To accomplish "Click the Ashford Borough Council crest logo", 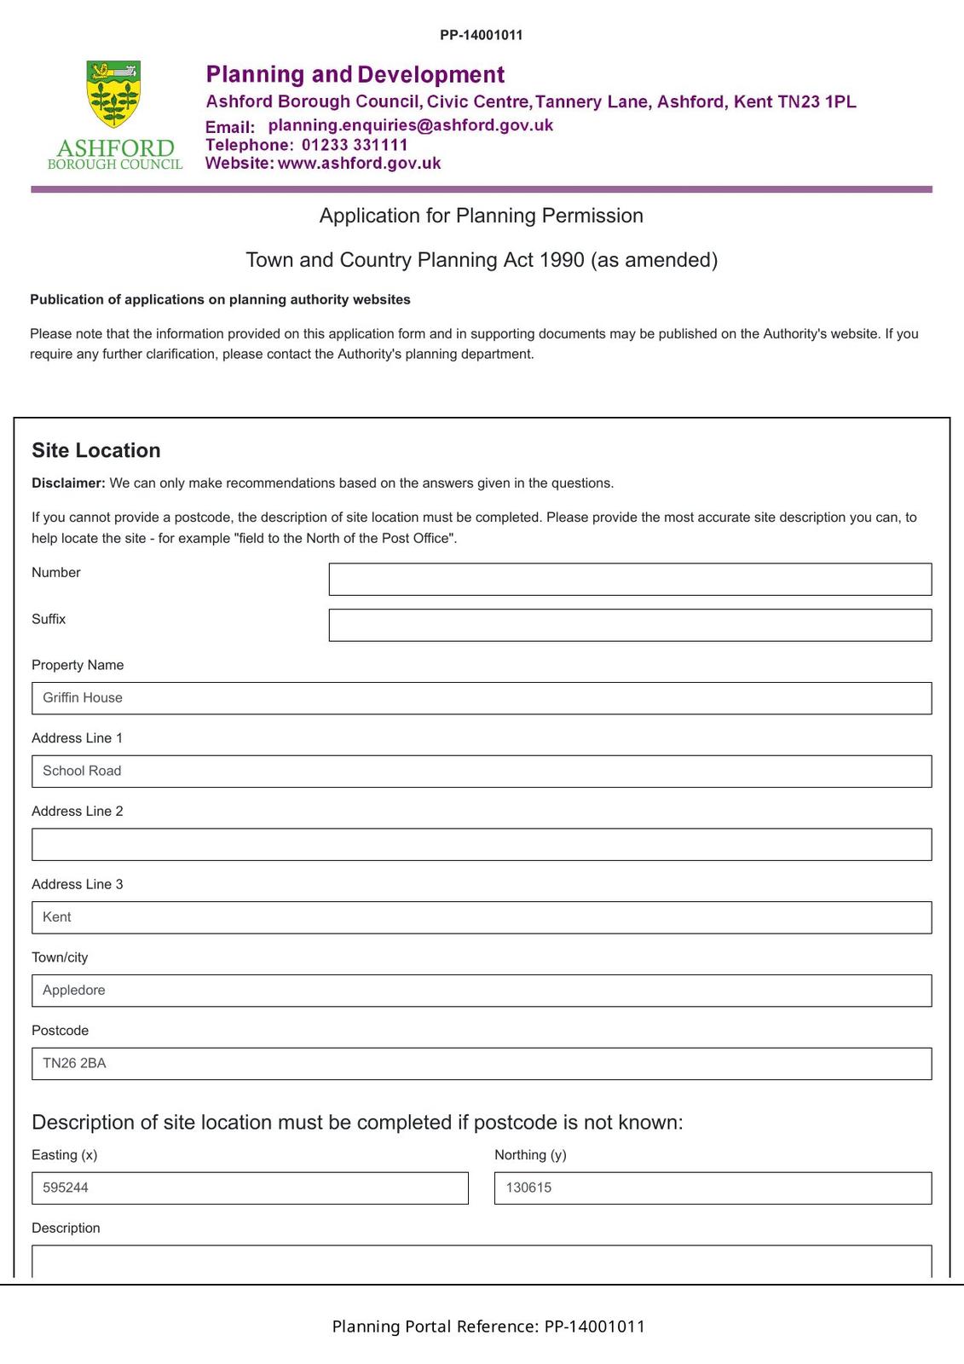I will [113, 94].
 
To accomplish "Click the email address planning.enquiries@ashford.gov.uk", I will [410, 125].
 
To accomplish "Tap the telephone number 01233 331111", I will [355, 145].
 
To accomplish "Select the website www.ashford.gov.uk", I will [359, 164].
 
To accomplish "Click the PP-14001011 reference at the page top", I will [481, 35].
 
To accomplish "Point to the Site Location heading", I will [95, 450].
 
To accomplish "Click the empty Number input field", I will [630, 579].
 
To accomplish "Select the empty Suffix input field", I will [630, 625].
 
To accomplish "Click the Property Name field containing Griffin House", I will [482, 698].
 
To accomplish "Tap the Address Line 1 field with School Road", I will [482, 772].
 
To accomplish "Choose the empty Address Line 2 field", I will [482, 845].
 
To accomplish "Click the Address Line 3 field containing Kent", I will [482, 917].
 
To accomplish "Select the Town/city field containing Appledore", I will [482, 991].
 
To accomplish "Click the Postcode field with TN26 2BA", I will [482, 1064].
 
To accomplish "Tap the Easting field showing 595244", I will [250, 1188].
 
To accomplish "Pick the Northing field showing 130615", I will [713, 1188].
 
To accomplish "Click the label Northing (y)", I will [530, 1155].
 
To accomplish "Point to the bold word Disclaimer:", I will [68, 483].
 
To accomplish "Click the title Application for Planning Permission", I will [481, 216].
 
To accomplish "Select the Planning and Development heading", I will [355, 75].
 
